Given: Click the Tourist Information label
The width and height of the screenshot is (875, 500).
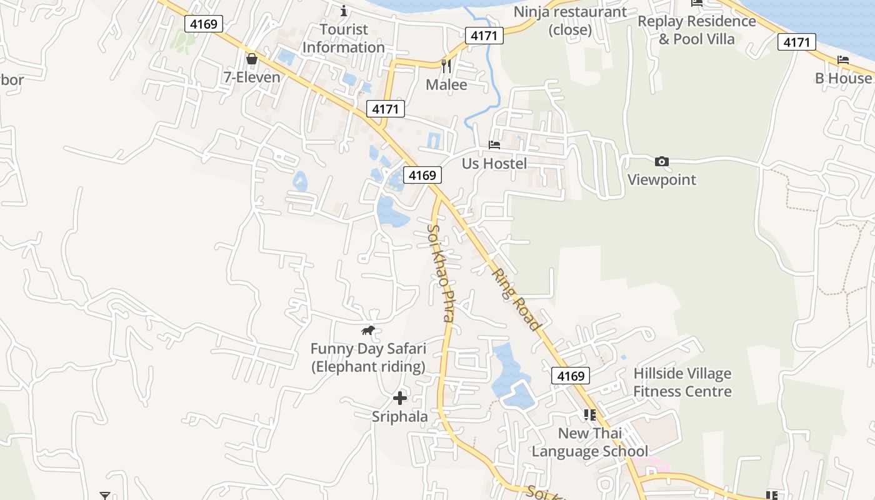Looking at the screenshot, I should [343, 38].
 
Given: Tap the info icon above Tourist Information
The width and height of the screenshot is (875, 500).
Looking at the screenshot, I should [343, 11].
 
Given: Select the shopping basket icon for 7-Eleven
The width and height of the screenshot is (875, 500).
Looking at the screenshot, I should [252, 59].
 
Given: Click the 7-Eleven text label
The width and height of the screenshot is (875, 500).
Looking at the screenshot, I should [252, 77].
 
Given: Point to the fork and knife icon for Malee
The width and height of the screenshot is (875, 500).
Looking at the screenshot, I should [446, 66].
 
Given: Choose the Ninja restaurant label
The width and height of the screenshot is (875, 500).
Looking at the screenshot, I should [570, 21].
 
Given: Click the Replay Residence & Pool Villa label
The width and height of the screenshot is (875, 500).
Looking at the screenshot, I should [697, 30].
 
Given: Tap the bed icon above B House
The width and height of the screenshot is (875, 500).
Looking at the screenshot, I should [843, 61].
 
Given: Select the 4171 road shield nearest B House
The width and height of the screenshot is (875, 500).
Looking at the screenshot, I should [797, 42].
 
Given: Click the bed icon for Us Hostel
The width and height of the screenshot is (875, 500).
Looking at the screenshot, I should [494, 145].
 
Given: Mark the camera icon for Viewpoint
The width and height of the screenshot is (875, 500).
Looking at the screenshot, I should [661, 162].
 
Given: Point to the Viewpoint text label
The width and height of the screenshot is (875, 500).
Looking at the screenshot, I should [661, 180].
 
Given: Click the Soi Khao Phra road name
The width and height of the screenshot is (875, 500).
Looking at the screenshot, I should [440, 273].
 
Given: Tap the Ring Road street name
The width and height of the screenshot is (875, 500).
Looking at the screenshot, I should [516, 299].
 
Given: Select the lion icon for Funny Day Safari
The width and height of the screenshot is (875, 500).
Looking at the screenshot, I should [368, 330].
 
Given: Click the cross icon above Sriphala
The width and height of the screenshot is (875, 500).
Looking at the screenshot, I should [400, 397].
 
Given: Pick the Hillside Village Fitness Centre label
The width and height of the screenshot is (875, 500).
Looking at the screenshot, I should [682, 382].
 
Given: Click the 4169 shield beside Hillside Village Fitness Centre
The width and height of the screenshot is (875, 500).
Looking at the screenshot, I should [571, 376].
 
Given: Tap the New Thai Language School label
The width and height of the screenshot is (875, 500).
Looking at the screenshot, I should [589, 442].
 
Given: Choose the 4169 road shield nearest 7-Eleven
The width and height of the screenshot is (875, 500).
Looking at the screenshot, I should [204, 24].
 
